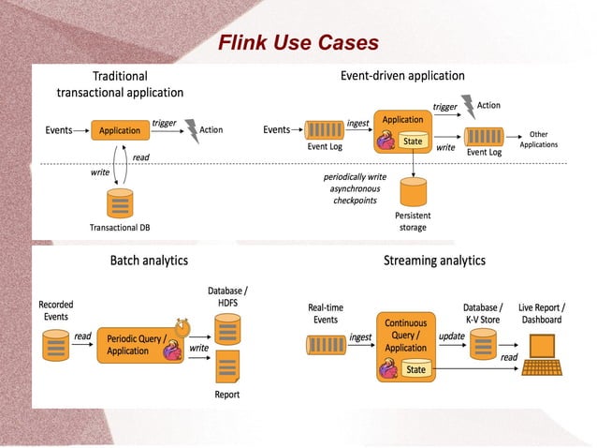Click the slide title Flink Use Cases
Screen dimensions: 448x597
point(298,43)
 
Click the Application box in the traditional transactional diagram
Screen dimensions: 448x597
point(120,130)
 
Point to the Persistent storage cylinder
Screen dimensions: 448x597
point(413,193)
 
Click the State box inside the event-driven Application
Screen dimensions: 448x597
point(413,142)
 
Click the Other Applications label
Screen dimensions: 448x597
point(538,140)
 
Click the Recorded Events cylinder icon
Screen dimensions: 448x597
point(56,343)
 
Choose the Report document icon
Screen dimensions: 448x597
point(226,366)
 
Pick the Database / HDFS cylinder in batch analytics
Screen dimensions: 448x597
point(226,328)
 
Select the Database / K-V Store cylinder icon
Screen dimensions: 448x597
point(483,344)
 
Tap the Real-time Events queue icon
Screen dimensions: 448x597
point(325,344)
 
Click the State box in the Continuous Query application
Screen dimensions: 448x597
point(415,369)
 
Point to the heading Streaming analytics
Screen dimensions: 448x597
point(434,260)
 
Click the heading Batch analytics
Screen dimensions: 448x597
point(149,260)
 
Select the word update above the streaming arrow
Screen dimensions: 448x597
point(452,336)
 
